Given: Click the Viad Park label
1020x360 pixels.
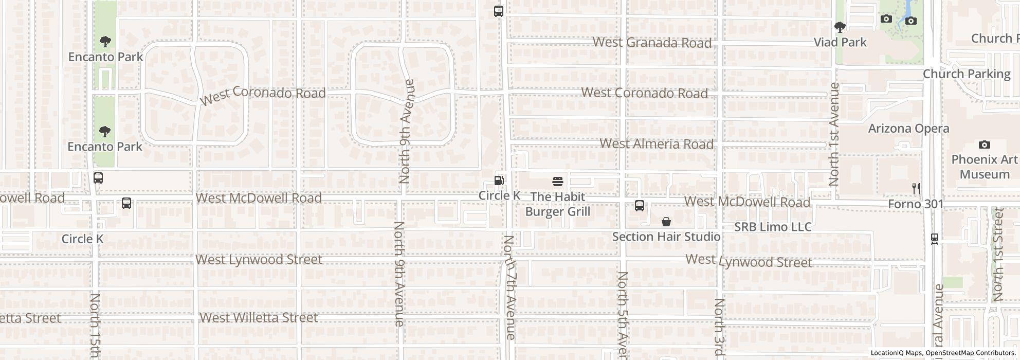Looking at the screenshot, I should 840,42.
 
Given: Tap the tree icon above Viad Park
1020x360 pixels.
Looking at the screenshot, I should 840,27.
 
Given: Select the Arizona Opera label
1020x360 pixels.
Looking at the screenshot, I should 908,129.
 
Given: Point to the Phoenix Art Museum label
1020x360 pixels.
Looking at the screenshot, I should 985,167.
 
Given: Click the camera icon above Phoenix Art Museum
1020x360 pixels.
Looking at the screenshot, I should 985,145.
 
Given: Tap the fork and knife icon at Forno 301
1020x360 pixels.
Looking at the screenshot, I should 916,189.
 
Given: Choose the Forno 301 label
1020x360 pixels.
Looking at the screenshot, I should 916,204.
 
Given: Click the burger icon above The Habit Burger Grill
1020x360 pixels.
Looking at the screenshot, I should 558,182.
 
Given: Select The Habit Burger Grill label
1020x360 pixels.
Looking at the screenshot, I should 558,204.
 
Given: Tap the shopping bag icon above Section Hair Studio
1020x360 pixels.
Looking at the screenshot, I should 666,222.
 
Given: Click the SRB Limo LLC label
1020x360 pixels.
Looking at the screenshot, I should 773,227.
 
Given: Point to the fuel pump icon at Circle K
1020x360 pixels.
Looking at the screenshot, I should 499,181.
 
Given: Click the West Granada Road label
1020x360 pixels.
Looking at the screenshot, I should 652,43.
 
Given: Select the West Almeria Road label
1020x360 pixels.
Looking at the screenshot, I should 657,143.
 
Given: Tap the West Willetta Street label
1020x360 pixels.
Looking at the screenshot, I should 259,317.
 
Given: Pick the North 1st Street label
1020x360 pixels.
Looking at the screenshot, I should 998,254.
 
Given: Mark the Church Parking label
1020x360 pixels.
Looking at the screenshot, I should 967,74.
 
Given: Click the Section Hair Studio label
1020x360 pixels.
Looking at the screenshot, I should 666,237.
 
